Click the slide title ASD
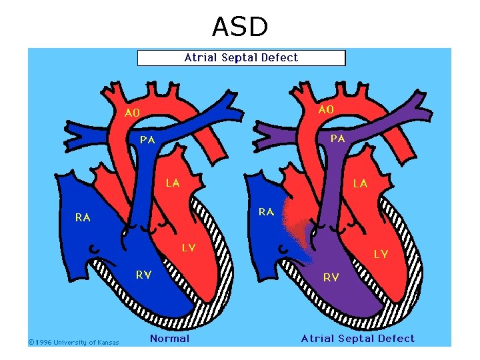coord(240,27)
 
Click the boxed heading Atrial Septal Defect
coord(241,58)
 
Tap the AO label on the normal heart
coord(132,113)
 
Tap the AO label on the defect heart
coord(326,109)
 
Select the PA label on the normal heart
coord(147,140)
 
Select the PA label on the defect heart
coord(338,139)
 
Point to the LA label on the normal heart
coord(173,183)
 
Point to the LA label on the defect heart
coord(360,183)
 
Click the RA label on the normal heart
coord(83,217)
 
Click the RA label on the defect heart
coord(266,212)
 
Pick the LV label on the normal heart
coord(189,248)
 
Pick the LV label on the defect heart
coord(381,254)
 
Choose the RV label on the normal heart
coord(143,275)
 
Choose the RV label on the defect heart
coord(331,277)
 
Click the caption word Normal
coord(169,339)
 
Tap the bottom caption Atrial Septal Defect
coord(357,339)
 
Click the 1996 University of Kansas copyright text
coord(73,343)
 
